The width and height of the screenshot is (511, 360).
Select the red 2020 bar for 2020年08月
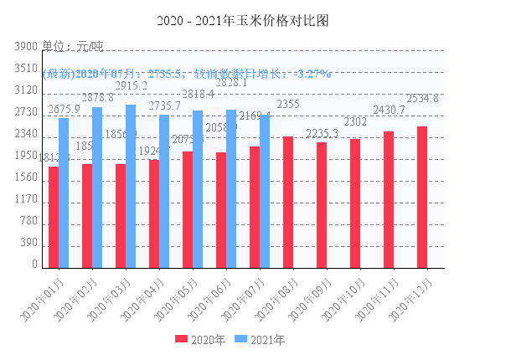pos(288,202)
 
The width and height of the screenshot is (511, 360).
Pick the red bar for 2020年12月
pos(422,197)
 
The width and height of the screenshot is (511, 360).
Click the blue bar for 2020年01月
pos(64,193)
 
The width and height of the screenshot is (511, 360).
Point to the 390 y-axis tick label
pos(28,243)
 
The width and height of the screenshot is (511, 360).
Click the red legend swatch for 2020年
pos(181,340)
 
